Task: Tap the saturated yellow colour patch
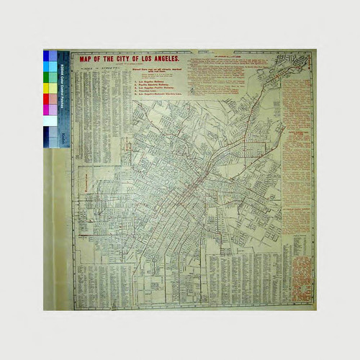pos(47,88)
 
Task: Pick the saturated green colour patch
pos(47,77)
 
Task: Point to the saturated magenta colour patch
pos(47,109)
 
